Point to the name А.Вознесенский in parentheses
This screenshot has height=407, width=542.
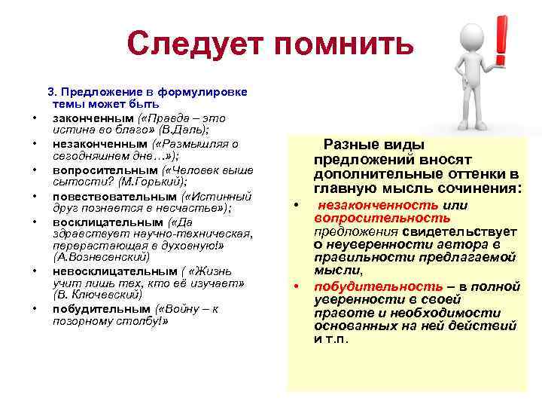[96, 256]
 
